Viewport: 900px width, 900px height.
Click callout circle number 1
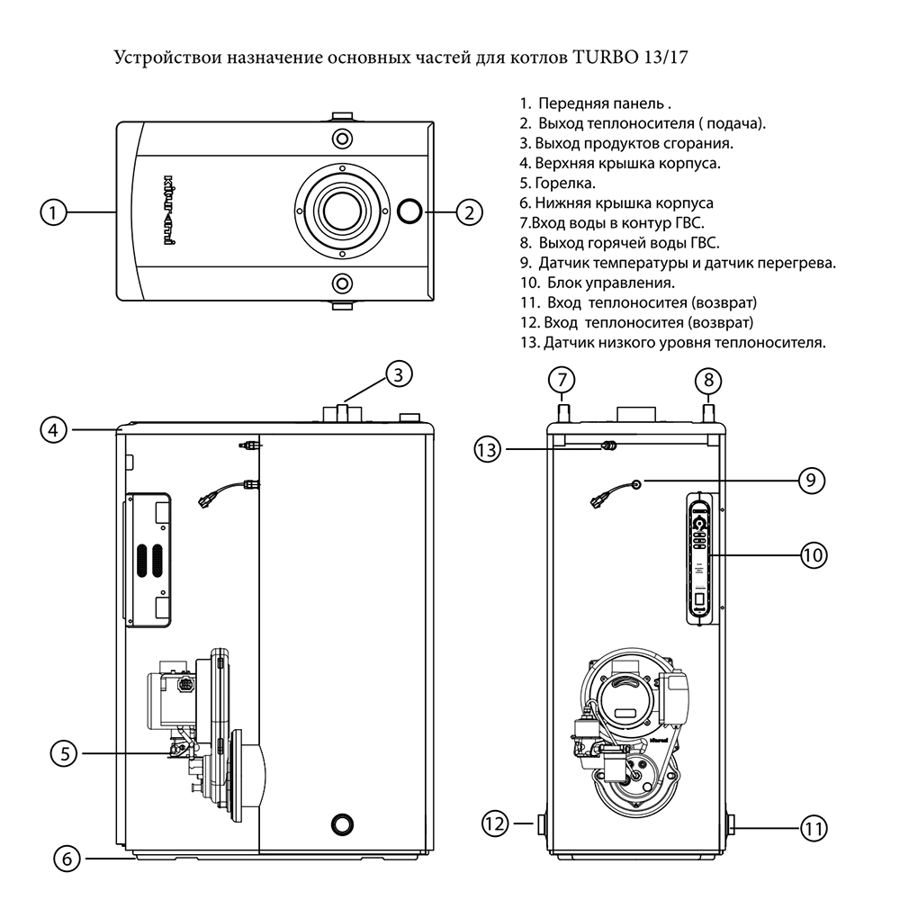pyautogui.click(x=54, y=213)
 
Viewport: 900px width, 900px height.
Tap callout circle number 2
pyautogui.click(x=469, y=213)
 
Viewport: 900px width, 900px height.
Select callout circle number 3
pyautogui.click(x=402, y=373)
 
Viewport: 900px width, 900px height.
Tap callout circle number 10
pyautogui.click(x=814, y=555)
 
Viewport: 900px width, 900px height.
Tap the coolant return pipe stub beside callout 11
pyautogui.click(x=730, y=823)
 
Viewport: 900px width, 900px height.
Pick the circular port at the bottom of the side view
pyautogui.click(x=342, y=823)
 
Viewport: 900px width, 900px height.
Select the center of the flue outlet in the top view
pyautogui.click(x=341, y=211)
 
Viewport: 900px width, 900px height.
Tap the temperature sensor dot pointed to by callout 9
pyautogui.click(x=636, y=484)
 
